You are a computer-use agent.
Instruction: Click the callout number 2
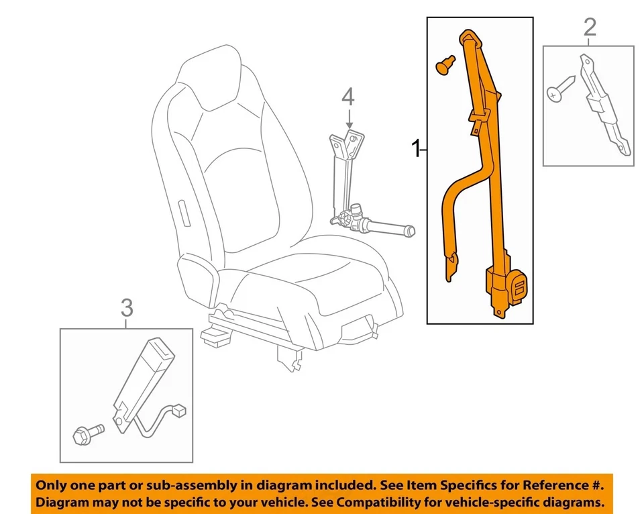(589, 28)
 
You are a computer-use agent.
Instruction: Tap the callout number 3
(127, 309)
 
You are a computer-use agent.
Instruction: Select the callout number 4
(347, 98)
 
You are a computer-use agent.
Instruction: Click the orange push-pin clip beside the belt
(443, 64)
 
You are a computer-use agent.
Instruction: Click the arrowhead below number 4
(349, 125)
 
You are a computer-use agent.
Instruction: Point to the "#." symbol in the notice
(596, 484)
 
